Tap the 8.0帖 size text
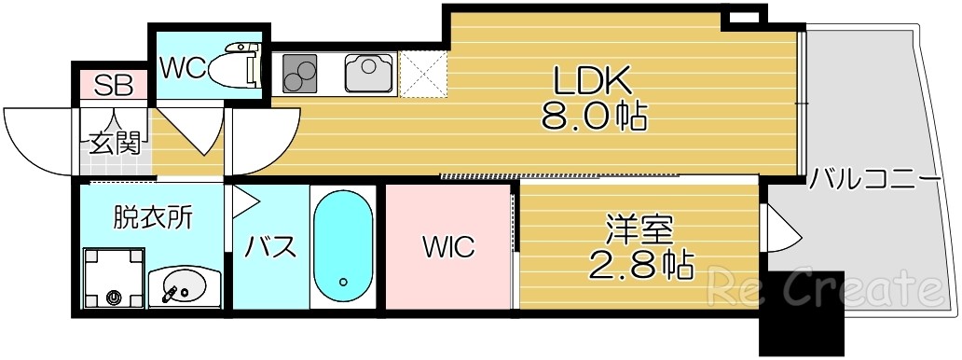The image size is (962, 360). tap(595, 117)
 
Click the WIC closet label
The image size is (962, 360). tap(448, 248)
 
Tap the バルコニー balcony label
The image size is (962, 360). tap(874, 177)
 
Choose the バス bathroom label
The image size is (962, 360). tap(270, 248)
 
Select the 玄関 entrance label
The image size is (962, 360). tap(115, 143)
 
